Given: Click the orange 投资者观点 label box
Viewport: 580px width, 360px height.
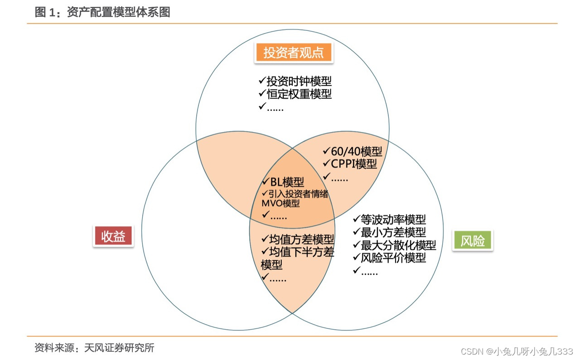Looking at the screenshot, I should [x=294, y=53].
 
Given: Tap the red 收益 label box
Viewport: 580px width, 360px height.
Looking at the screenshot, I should [x=113, y=236].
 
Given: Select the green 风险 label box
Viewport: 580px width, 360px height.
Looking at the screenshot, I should [x=473, y=240].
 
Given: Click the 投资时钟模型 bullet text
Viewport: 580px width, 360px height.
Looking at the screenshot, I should [x=299, y=82].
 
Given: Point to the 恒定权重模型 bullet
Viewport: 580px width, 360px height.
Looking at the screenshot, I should [x=299, y=94].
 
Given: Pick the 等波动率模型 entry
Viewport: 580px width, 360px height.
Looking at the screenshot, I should [x=393, y=220].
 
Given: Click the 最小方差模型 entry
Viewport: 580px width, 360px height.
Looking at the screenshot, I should [x=393, y=232].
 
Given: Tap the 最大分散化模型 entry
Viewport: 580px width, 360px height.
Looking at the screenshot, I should [x=398, y=245].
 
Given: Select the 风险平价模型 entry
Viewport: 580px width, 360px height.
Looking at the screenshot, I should [x=393, y=258].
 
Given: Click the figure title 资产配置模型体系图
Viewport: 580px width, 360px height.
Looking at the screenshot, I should [x=118, y=12].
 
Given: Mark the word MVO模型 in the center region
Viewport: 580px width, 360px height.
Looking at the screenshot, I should [x=280, y=204].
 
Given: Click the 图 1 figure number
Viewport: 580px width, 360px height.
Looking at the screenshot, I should [x=47, y=12].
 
